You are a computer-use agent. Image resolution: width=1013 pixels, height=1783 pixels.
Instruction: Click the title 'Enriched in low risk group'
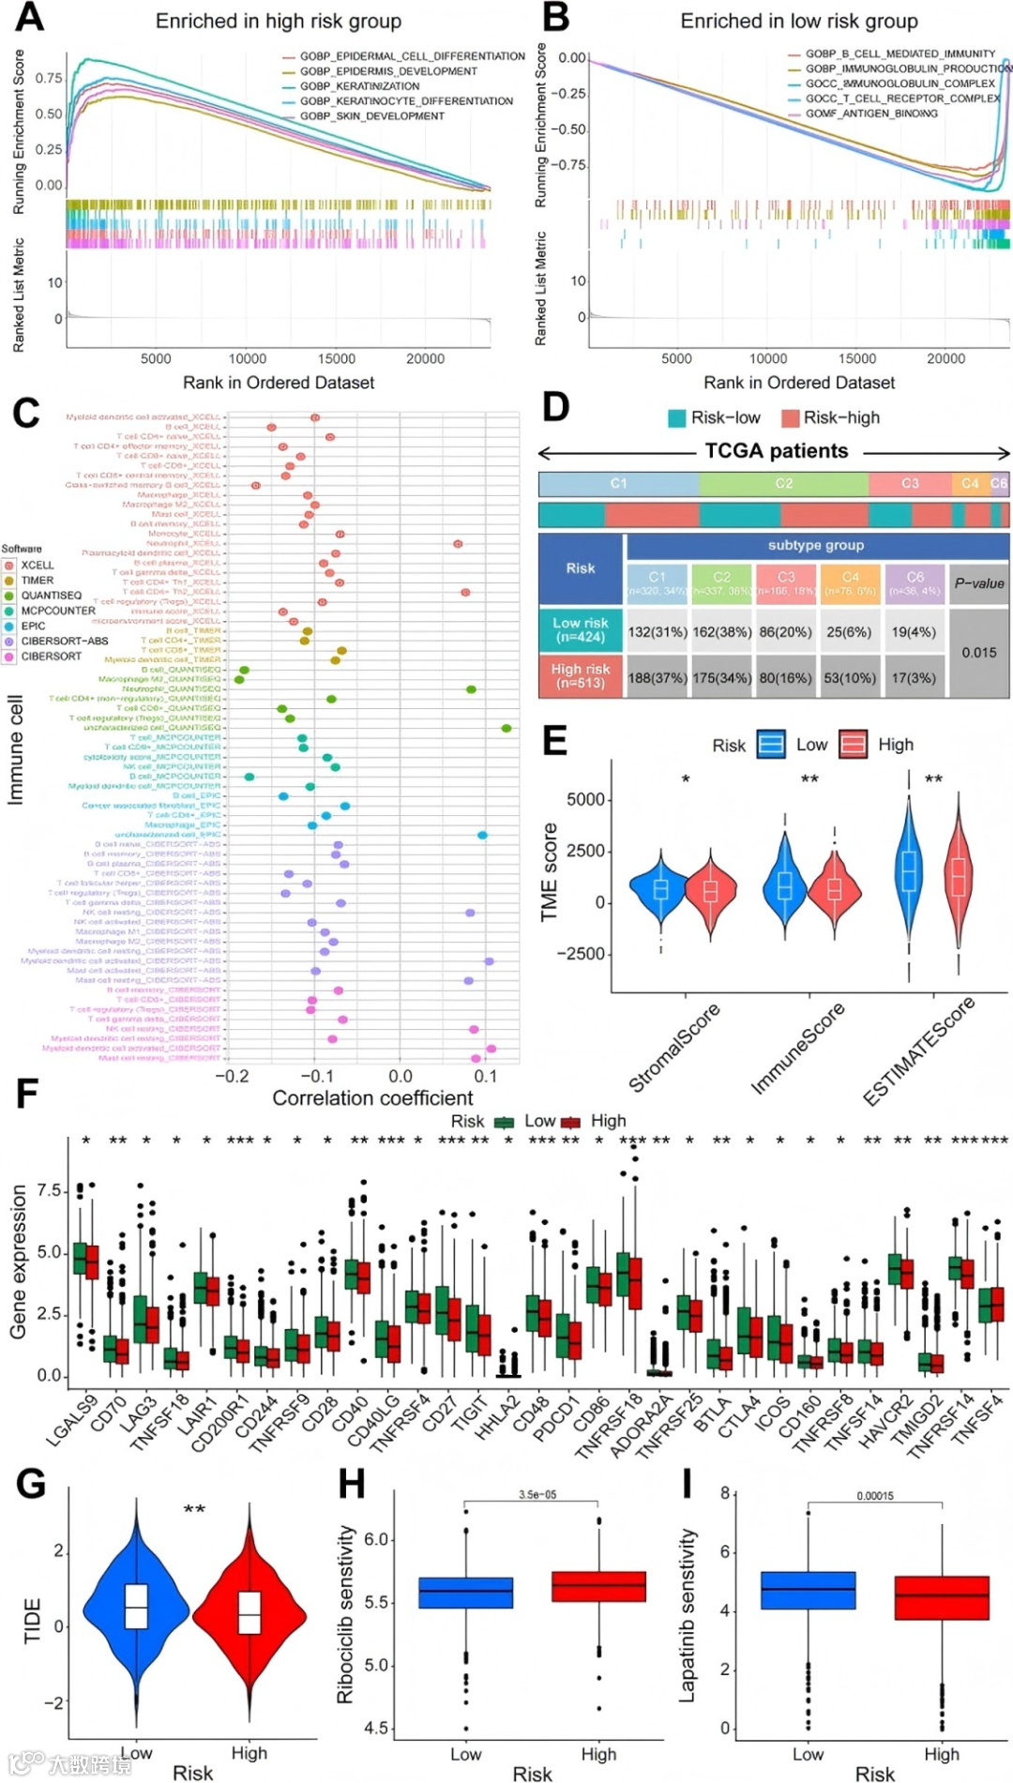click(x=799, y=21)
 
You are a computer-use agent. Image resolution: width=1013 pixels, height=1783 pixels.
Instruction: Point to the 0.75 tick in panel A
click(x=49, y=79)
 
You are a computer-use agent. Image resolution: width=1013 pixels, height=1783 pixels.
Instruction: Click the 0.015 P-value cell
click(x=978, y=653)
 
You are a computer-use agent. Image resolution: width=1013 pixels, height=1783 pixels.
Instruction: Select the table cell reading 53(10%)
click(x=849, y=677)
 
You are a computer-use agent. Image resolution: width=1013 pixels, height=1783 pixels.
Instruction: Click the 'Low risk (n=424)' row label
click(x=581, y=630)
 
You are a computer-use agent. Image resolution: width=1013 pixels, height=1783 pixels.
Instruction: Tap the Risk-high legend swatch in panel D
click(x=790, y=418)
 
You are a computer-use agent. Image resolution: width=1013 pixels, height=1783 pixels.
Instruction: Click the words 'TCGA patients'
click(x=776, y=451)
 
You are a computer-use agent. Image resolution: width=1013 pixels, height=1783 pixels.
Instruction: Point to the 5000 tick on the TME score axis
click(x=585, y=799)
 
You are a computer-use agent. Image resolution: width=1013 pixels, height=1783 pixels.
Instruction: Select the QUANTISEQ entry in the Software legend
click(x=51, y=596)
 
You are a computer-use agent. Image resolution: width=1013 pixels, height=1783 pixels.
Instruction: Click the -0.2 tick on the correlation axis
click(x=232, y=1076)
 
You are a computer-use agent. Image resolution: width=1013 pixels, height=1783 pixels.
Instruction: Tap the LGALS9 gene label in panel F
click(x=71, y=1420)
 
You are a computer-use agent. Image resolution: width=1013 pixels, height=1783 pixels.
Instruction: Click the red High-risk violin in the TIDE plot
click(x=249, y=1615)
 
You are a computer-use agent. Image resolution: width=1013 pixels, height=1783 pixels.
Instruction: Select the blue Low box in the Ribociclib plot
click(x=465, y=1592)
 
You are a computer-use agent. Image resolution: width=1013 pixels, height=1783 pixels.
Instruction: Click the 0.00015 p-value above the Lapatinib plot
click(x=874, y=1496)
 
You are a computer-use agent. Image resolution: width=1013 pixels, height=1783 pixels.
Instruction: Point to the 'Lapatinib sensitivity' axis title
click(x=688, y=1616)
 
